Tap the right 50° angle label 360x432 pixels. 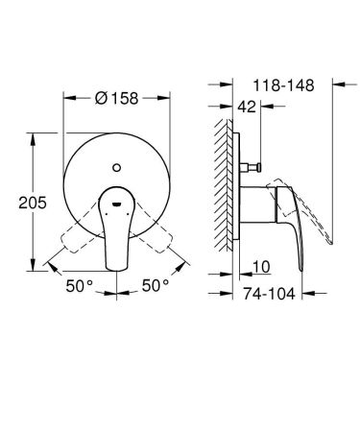pyautogui.click(x=156, y=285)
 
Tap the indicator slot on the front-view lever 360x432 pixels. pyautogui.click(x=117, y=204)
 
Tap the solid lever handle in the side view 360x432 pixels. pyautogui.click(x=288, y=221)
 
